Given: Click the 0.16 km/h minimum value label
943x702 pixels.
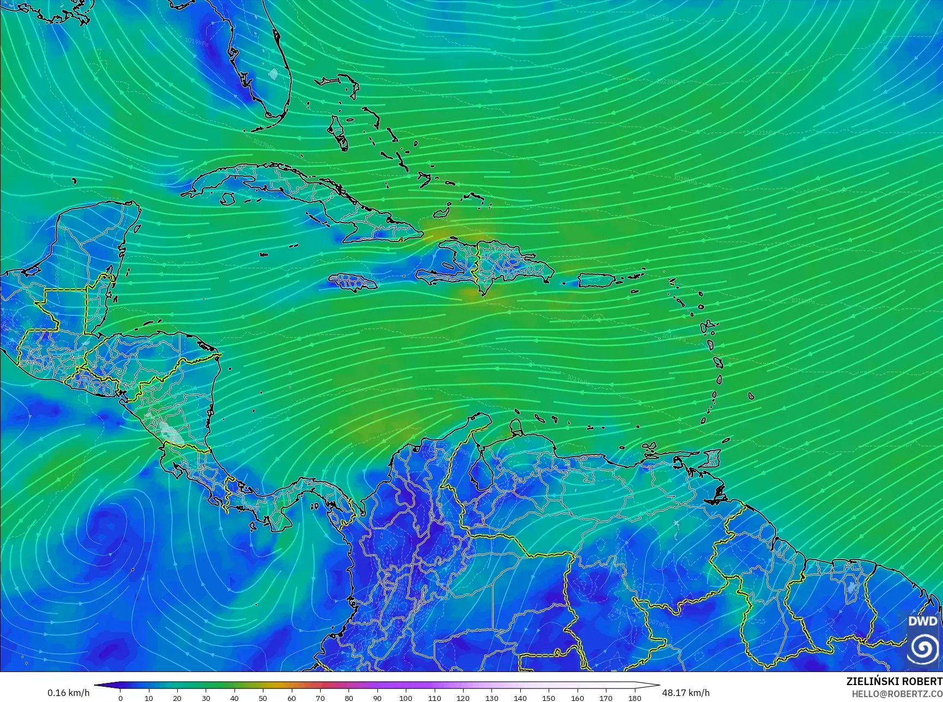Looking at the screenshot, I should [x=68, y=693].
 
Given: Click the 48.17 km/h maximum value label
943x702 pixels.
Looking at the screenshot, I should [x=686, y=693].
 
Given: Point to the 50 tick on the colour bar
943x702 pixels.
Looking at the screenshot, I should [x=263, y=698].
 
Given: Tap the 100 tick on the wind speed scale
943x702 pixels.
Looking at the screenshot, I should [x=406, y=698].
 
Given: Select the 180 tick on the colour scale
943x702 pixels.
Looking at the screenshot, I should [x=634, y=698].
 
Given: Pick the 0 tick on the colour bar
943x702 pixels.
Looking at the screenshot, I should [x=121, y=698].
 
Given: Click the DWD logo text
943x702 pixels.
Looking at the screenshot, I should [x=923, y=621].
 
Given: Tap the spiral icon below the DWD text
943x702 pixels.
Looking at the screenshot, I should [x=923, y=648].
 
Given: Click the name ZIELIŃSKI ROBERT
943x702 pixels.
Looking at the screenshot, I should [x=894, y=681].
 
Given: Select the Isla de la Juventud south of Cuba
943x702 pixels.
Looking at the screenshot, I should [x=227, y=200].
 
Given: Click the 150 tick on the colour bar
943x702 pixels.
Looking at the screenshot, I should [x=549, y=698].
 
